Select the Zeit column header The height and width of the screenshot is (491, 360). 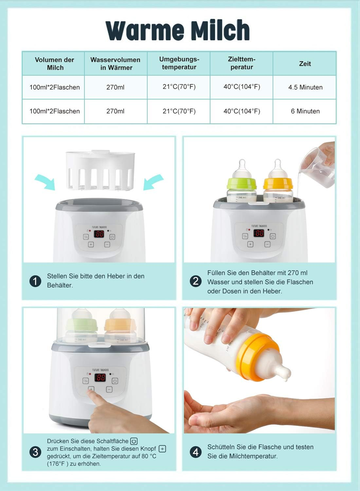click(305, 63)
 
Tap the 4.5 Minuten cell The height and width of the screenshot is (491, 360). click(305, 87)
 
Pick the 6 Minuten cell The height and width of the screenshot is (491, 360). click(305, 111)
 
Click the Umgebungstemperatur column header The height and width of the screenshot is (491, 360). click(179, 63)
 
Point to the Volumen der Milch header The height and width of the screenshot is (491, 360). click(54, 63)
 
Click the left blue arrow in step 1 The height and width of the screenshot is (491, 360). click(45, 182)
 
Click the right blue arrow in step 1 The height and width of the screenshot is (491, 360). click(153, 182)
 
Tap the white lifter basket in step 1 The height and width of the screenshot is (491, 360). click(100, 170)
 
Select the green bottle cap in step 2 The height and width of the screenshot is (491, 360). click(242, 184)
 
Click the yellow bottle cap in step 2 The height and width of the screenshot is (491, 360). click(278, 183)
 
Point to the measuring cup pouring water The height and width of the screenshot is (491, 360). click(317, 168)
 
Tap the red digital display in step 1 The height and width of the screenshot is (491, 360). click(99, 234)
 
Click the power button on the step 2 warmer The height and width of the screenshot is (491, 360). click(272, 236)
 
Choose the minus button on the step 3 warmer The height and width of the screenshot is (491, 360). click(109, 389)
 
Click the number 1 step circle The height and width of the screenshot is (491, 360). click(35, 281)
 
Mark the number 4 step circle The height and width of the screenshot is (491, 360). click(196, 452)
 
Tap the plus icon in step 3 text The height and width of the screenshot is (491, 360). click(162, 449)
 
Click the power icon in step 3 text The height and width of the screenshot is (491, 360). click(134, 441)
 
